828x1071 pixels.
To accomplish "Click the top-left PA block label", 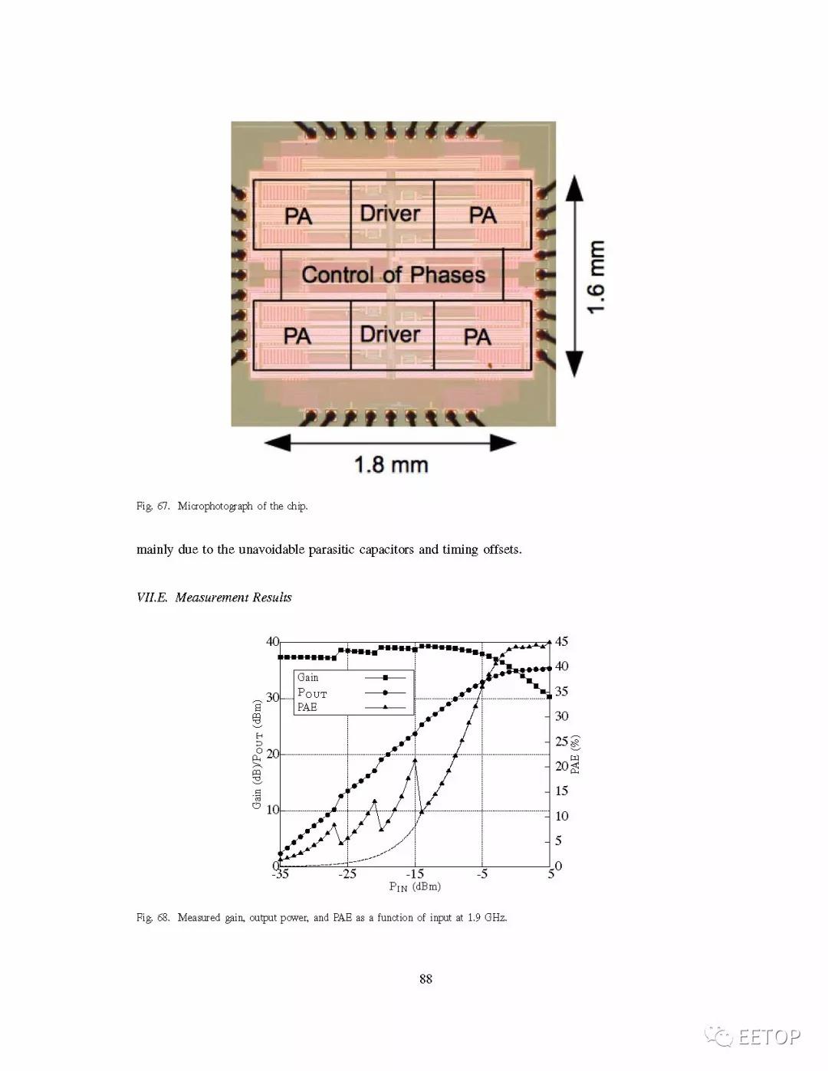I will [x=298, y=216].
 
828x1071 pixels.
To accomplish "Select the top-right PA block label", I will [x=483, y=215].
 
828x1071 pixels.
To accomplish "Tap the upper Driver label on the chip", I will [x=390, y=213].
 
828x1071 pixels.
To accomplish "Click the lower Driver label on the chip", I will [x=390, y=334].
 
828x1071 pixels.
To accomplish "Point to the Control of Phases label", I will [x=393, y=274].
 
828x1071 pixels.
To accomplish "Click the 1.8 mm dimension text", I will [x=391, y=464].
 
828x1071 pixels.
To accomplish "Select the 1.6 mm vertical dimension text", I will [x=596, y=277].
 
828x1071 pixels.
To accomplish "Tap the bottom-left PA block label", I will [x=297, y=336].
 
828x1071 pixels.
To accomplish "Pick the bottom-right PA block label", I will [x=477, y=336].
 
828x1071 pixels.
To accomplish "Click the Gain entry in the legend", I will [x=308, y=677].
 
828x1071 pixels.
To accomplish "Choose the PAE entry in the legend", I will [x=307, y=707].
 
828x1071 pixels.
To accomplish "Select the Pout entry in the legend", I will [x=312, y=693].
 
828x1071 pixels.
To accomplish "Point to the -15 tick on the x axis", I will [x=415, y=874].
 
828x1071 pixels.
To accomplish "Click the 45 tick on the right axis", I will [x=562, y=641].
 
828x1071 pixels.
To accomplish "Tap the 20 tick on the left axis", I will [x=273, y=754].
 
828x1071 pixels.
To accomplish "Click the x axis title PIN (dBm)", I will [x=415, y=886].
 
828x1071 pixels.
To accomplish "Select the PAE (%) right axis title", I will [x=575, y=755].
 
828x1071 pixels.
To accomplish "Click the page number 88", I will [x=426, y=978].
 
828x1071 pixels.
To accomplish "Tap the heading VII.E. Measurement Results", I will [x=214, y=598].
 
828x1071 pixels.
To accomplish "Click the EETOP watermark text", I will [x=769, y=1037].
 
